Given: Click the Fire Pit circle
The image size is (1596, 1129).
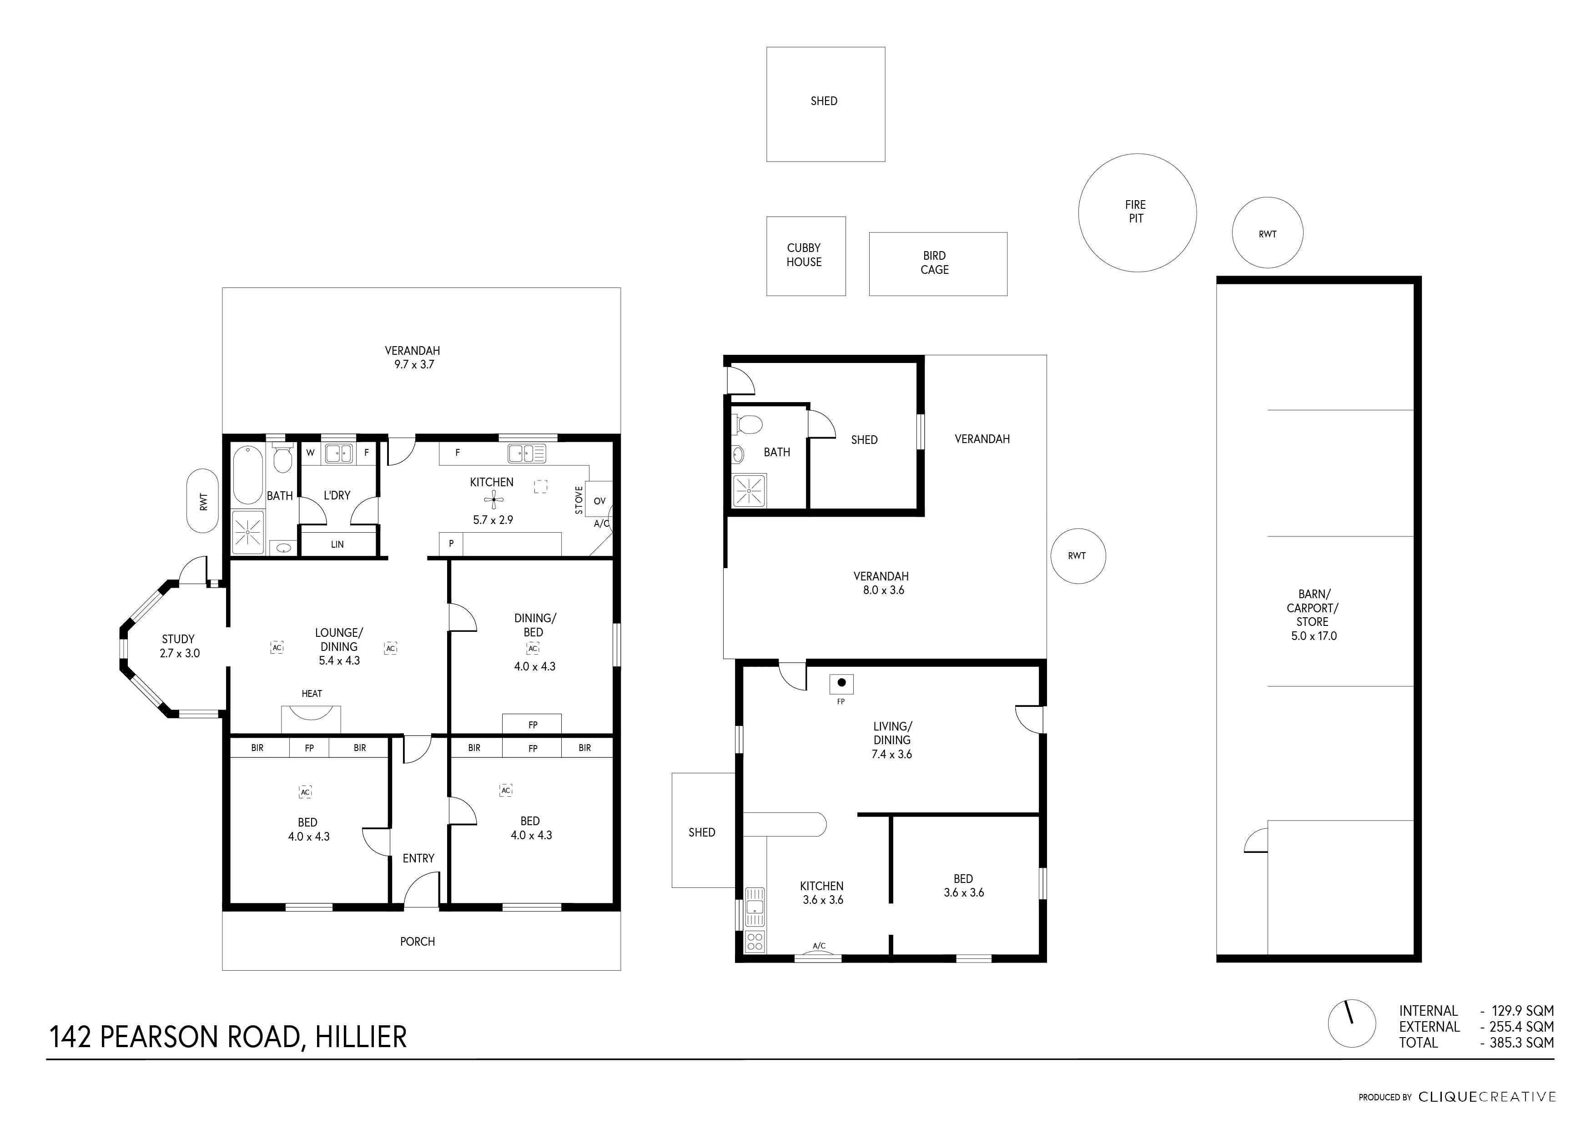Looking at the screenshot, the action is tap(1079, 213).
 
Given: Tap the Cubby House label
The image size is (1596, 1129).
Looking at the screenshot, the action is tap(804, 254).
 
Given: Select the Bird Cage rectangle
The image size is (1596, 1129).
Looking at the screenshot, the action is tap(870, 264).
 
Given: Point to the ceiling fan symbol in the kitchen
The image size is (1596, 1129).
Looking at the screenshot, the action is tap(493, 499).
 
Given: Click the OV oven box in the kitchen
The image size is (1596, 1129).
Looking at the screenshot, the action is tap(599, 500).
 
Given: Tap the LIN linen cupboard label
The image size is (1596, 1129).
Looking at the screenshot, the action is tap(337, 544).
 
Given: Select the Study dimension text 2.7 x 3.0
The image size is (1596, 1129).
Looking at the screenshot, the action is tap(179, 654).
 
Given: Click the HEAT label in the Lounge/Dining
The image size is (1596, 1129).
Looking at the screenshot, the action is tap(312, 693).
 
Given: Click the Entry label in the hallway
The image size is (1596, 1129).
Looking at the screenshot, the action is tap(418, 858).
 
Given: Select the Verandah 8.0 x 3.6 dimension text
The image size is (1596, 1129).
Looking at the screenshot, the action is tap(883, 590).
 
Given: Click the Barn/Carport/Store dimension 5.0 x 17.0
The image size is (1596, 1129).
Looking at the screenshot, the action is tap(1314, 636).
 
